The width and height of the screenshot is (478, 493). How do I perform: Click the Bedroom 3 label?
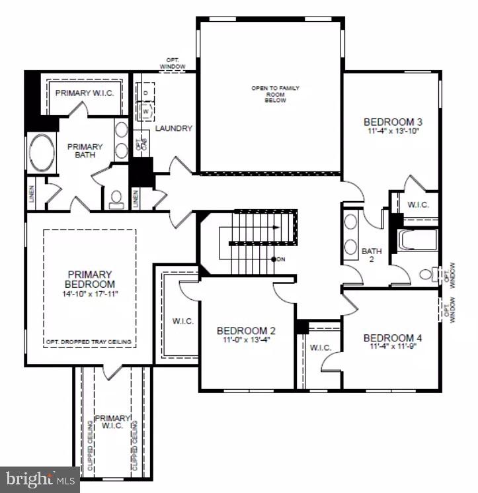(x=393, y=122)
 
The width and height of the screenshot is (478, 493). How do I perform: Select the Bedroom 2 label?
(x=246, y=331)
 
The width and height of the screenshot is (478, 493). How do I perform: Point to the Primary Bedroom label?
(x=89, y=279)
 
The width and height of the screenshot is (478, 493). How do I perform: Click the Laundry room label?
(x=174, y=128)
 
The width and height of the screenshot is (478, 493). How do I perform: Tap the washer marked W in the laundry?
(x=145, y=111)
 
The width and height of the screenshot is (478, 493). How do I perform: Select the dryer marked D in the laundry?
(x=145, y=93)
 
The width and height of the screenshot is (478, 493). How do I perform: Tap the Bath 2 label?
(x=372, y=255)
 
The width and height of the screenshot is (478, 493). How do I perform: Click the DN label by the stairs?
(x=281, y=259)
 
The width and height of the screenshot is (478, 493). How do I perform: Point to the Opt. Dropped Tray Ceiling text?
(x=89, y=342)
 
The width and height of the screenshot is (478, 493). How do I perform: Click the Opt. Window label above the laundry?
(x=173, y=64)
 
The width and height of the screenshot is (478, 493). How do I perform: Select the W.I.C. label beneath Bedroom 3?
(x=418, y=204)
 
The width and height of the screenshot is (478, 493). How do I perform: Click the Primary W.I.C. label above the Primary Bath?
(x=85, y=93)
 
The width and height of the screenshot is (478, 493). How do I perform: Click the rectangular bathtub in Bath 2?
(x=417, y=240)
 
